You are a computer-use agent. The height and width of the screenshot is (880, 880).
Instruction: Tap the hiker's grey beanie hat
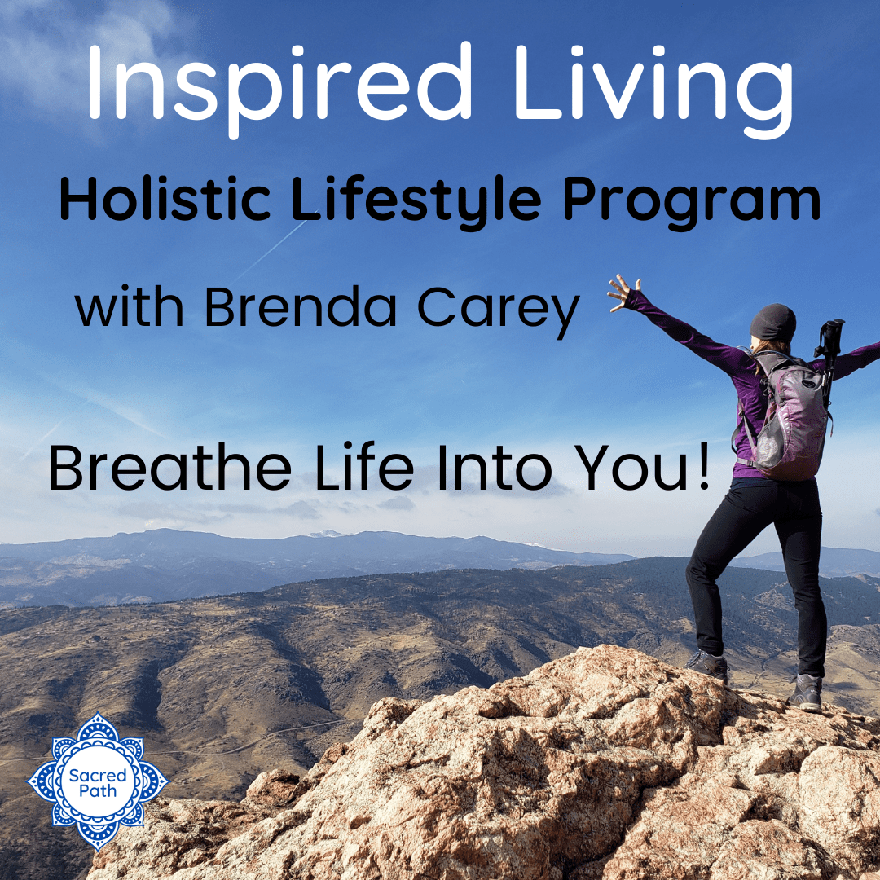tap(772, 323)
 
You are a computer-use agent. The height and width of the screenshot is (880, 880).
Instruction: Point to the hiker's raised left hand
tap(623, 293)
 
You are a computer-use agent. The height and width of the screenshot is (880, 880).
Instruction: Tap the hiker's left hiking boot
tap(708, 666)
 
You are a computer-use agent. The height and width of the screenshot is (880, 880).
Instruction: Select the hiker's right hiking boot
tap(805, 692)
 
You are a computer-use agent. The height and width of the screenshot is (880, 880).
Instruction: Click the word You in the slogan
tap(632, 468)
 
